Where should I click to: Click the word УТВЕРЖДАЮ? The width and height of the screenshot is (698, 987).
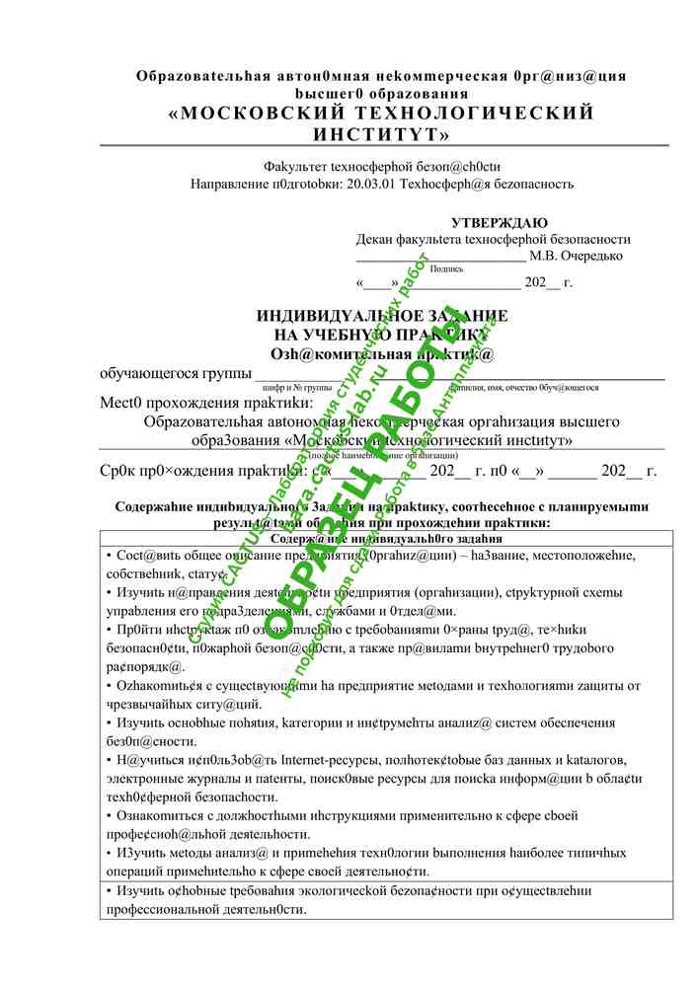click(499, 223)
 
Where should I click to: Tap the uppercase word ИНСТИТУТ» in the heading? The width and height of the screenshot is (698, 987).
click(381, 133)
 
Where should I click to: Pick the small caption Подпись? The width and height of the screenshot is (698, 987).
click(447, 268)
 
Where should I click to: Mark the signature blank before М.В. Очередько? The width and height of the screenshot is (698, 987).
click(440, 257)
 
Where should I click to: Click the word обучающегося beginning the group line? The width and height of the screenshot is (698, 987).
click(147, 373)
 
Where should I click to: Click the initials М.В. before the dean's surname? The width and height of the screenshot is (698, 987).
click(544, 256)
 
